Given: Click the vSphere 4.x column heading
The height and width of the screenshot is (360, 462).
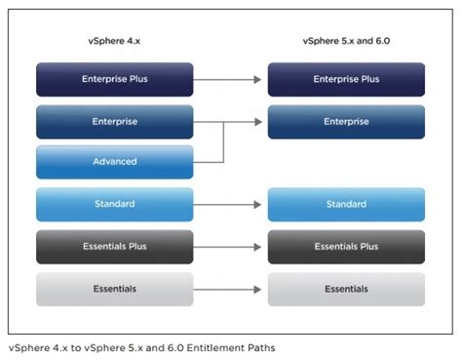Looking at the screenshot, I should [114, 41].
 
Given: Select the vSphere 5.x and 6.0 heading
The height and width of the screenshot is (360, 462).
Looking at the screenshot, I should [346, 41].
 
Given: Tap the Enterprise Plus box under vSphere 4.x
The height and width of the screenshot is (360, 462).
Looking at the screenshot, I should [114, 79].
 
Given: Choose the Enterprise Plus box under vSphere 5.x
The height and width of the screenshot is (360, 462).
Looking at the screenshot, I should [346, 79].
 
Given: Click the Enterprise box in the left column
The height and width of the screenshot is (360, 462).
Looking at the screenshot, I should [114, 121].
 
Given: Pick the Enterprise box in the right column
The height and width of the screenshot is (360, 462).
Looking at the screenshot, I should [346, 121].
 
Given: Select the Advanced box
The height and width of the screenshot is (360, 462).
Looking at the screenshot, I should [114, 162].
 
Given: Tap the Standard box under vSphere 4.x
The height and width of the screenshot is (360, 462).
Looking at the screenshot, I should [114, 204].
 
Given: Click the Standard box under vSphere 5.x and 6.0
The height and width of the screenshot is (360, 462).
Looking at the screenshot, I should [346, 204].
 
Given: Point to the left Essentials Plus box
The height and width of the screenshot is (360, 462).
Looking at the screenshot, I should [114, 247].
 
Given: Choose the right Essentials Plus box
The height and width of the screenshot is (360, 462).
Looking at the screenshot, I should [346, 247].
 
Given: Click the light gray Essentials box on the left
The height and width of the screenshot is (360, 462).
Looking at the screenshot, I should [114, 289].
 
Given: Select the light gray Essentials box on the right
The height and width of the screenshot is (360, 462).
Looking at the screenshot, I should [346, 289].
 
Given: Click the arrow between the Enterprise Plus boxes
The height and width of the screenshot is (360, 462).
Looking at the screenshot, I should [230, 79].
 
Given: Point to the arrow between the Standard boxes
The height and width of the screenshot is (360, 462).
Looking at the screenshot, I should [230, 205].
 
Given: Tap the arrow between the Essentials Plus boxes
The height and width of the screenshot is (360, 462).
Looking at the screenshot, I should [230, 247].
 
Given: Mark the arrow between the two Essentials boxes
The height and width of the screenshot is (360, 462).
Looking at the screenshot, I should [230, 289].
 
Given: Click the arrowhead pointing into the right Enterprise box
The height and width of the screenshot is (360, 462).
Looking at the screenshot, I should [261, 121].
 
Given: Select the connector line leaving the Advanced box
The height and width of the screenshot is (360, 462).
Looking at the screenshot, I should [210, 162].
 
